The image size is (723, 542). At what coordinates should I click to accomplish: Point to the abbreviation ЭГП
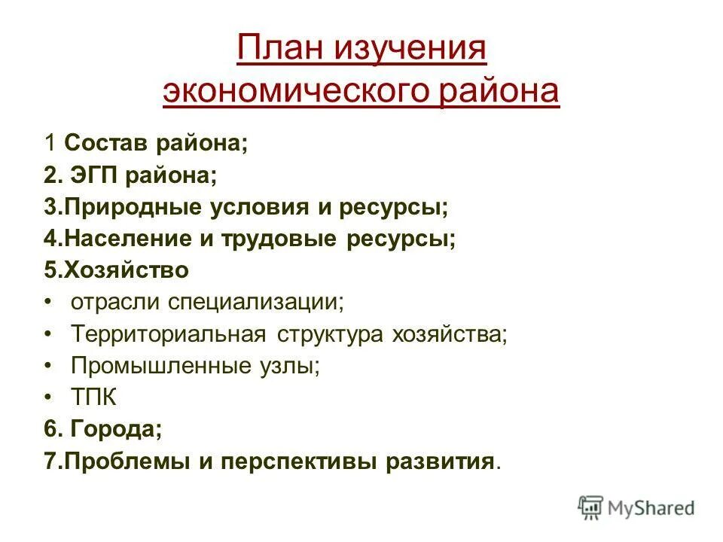pyautogui.click(x=93, y=175)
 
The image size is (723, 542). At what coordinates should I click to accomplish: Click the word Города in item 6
pyautogui.click(x=115, y=429)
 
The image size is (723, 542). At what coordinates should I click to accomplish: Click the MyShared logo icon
pyautogui.click(x=592, y=508)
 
